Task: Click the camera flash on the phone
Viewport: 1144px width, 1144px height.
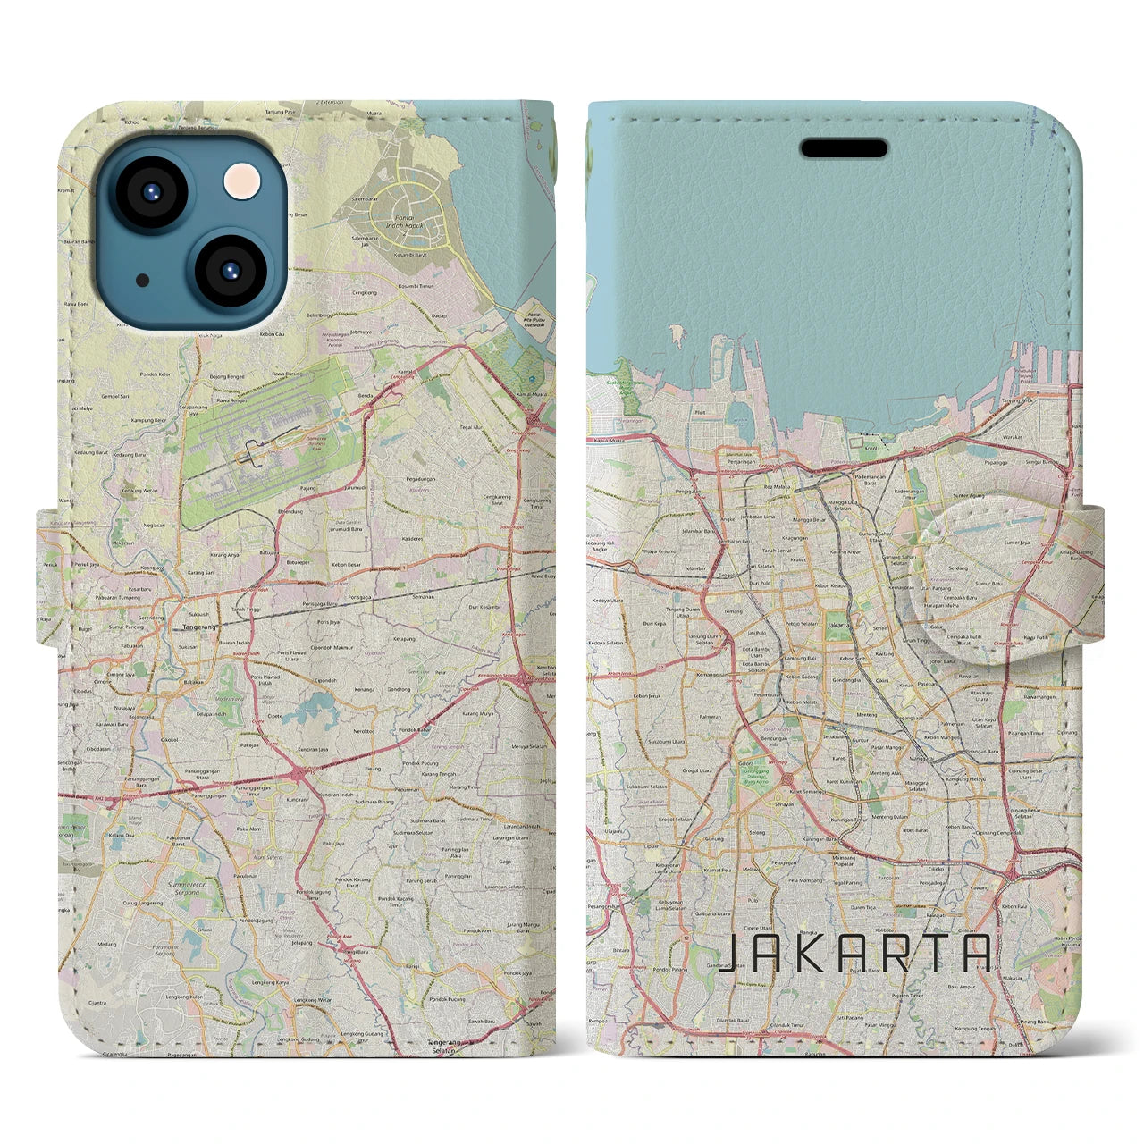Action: click(x=241, y=183)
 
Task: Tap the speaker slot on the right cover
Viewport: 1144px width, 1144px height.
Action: click(x=843, y=147)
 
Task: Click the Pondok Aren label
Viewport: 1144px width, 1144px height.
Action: click(x=480, y=930)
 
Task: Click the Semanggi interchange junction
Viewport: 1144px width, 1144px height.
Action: click(x=786, y=778)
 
